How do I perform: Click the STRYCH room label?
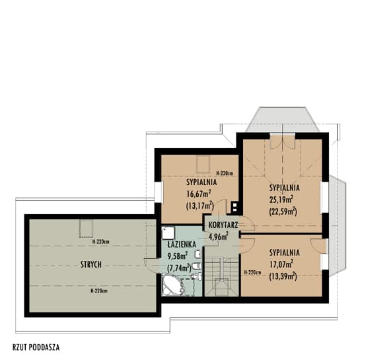point(91,264)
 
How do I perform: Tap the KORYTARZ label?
point(223,225)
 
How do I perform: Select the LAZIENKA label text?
point(182,244)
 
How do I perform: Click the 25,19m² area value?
point(281,199)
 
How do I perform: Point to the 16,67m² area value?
point(199,193)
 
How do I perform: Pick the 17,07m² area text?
point(281,264)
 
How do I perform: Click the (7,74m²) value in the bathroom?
point(179,268)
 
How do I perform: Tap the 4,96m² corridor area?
point(219,236)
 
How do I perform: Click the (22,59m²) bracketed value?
point(283,211)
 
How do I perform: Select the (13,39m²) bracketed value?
point(283,276)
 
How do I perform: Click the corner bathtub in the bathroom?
point(172,285)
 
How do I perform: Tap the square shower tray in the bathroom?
point(168,233)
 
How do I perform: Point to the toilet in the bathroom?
point(197,266)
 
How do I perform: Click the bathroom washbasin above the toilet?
point(198,254)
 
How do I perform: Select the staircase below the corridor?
point(221,277)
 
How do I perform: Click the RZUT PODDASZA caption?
point(36,347)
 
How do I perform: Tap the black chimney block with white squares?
point(234,207)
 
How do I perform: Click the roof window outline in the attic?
point(86,229)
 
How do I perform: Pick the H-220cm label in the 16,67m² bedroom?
point(225,173)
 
